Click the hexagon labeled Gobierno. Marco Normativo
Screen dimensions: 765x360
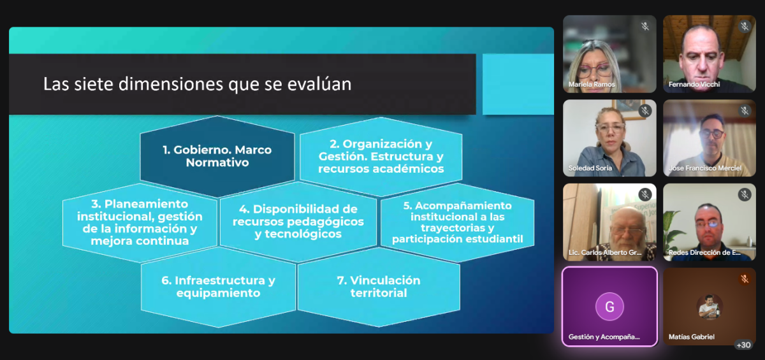tap(217, 156)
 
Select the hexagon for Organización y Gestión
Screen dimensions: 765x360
tap(381, 156)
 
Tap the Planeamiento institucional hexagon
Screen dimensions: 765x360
tap(140, 222)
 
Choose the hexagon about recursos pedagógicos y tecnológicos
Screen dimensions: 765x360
tap(298, 222)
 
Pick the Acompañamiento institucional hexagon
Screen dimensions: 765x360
tap(457, 222)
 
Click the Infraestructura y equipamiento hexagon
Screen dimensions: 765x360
tap(218, 287)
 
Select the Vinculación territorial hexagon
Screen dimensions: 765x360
tap(379, 287)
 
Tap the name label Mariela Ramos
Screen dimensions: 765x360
tap(592, 84)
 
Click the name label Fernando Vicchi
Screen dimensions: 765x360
tap(694, 84)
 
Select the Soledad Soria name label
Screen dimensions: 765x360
tap(590, 168)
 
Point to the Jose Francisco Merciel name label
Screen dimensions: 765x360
tap(705, 168)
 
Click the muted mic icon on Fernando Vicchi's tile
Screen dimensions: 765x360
tap(745, 27)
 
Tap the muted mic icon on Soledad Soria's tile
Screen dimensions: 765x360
tap(645, 111)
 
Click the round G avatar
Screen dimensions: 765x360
tap(609, 306)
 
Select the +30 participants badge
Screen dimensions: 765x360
tap(743, 345)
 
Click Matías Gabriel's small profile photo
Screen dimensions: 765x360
tap(710, 306)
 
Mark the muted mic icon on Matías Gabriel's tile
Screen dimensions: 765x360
tap(745, 279)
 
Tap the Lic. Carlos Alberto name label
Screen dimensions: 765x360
tap(604, 252)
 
